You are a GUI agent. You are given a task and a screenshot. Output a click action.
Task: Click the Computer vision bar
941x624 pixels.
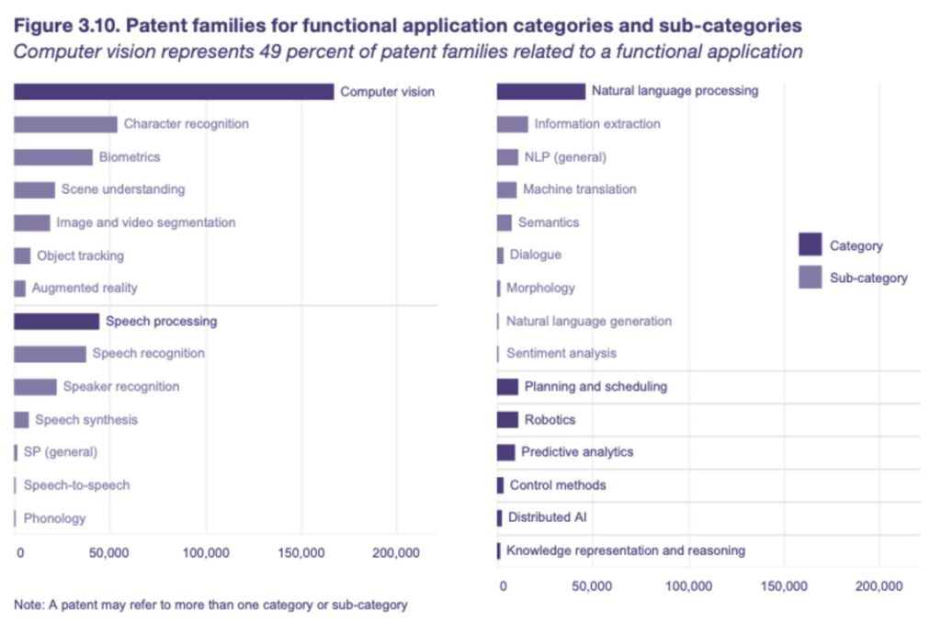coord(174,92)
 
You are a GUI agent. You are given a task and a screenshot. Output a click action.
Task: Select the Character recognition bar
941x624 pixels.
coord(66,124)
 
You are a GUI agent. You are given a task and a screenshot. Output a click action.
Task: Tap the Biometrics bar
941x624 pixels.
coord(53,157)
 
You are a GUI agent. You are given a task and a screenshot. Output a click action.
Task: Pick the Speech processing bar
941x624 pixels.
coord(57,322)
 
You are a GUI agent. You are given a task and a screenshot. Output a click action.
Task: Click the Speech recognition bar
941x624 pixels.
coord(51,354)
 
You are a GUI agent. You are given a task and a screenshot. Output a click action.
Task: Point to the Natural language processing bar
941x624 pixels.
coord(541,91)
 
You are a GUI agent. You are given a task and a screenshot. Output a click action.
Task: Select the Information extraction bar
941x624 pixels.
coord(513,124)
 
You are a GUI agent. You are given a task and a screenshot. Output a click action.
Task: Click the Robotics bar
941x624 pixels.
coord(507,420)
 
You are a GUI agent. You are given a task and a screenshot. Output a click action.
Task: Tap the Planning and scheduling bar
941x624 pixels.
coord(507,387)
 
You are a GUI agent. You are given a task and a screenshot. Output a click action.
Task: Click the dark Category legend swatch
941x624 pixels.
coord(811,244)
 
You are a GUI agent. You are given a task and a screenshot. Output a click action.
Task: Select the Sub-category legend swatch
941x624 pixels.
coord(811,278)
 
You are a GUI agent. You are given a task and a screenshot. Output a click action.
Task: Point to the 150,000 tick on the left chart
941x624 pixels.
coord(301,552)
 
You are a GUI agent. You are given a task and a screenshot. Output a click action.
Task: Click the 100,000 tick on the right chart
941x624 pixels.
coord(689,586)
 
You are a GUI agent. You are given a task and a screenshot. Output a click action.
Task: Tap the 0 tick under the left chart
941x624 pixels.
coord(20,552)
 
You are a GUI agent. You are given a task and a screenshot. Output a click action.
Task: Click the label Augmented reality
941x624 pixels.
coord(85,288)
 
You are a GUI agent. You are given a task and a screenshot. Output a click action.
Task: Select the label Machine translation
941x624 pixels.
coord(580,189)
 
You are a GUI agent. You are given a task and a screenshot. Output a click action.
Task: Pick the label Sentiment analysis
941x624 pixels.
coord(561,354)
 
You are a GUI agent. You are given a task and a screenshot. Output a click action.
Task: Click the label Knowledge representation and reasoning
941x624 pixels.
coord(626,550)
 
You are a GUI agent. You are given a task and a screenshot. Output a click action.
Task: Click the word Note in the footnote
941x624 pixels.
coord(28,605)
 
